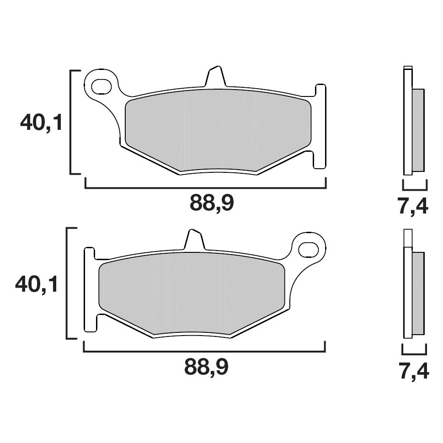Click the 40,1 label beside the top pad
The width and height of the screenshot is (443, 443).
point(41,122)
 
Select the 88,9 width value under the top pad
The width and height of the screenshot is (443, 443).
point(212,203)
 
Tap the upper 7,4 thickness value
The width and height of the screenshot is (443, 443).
point(413,207)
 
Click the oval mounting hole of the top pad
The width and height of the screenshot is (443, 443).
point(101,86)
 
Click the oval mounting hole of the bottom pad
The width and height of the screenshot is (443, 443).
point(309,250)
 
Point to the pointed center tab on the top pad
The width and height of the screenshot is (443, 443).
point(215,77)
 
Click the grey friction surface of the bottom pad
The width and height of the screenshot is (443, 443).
point(192,293)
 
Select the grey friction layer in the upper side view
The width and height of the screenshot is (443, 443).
point(418,130)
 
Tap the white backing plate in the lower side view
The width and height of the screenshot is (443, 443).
point(407,293)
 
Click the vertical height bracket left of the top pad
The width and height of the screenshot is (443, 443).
point(71,122)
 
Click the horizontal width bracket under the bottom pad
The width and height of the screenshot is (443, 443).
point(204,352)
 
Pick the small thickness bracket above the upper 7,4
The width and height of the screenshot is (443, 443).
point(415,188)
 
